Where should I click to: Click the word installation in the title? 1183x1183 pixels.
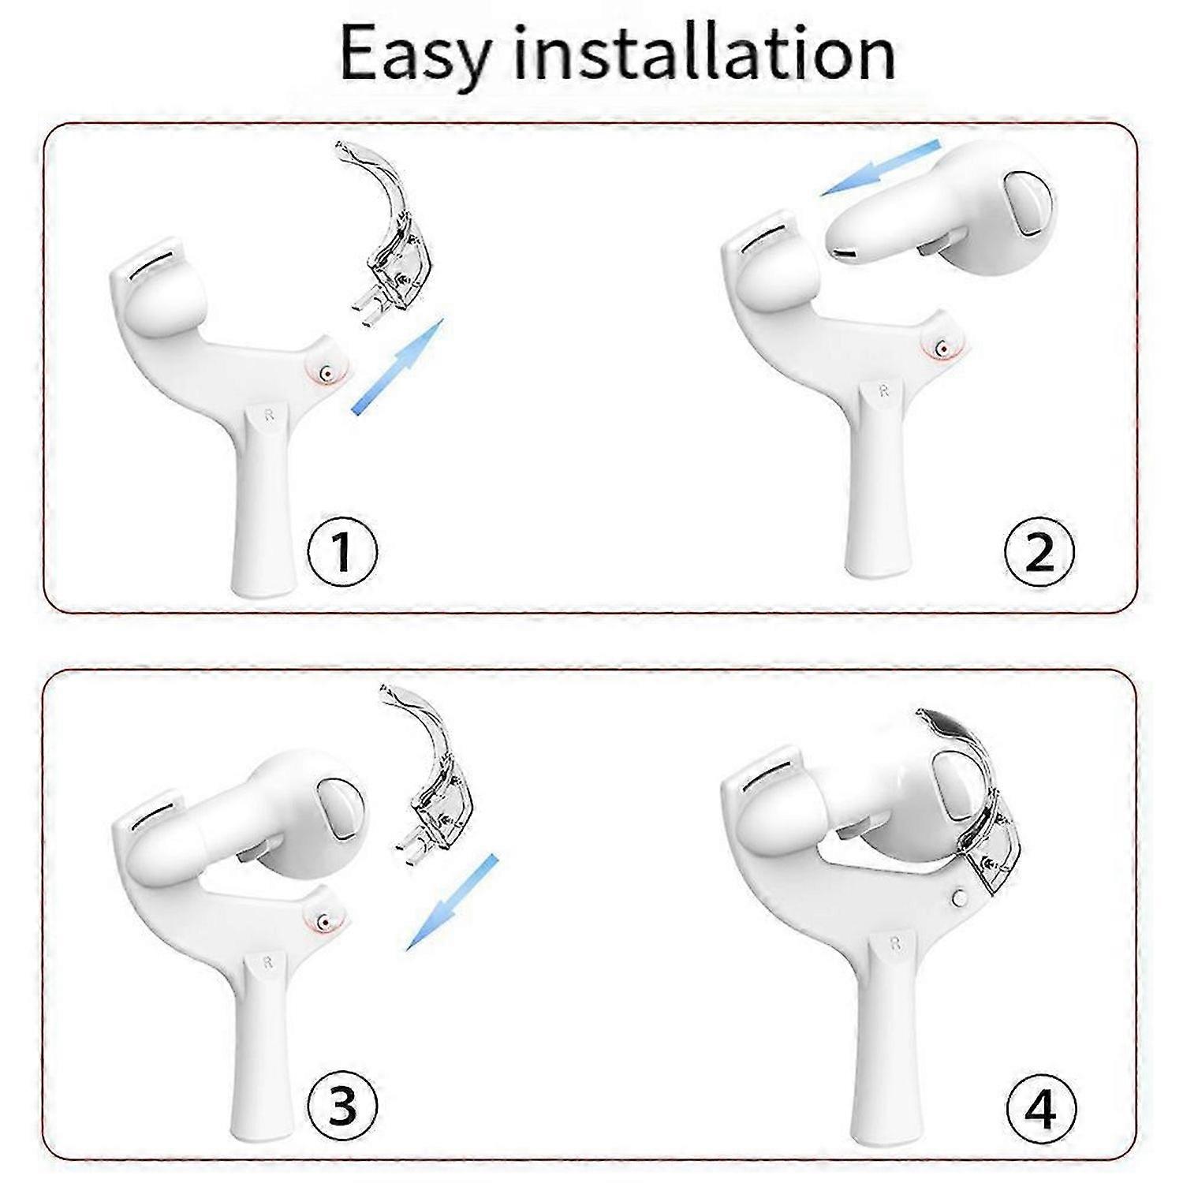[x=704, y=52]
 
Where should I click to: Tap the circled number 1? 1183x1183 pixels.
[x=341, y=551]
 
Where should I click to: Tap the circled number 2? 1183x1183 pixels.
[x=1039, y=551]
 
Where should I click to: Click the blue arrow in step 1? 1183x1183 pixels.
[x=397, y=366]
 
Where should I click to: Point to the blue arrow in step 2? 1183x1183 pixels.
[x=879, y=168]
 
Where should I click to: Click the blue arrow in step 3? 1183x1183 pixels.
[x=452, y=901]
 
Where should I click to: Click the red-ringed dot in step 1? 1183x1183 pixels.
[x=324, y=373]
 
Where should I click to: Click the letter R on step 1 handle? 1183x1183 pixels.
[x=268, y=416]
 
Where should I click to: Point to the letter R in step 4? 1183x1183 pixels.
[x=894, y=943]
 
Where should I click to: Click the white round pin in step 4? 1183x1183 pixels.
[x=959, y=898]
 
